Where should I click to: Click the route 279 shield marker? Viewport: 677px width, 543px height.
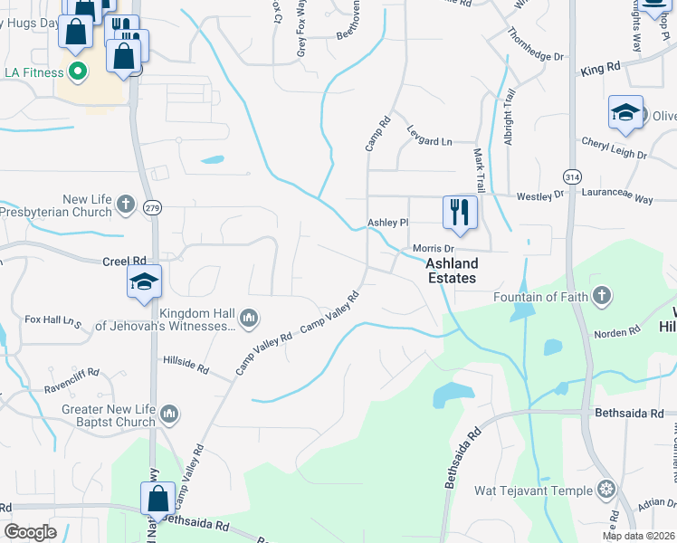(x=150, y=208)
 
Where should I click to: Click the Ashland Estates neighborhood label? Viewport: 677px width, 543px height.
(x=451, y=271)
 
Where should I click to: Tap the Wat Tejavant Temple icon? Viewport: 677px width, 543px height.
(x=605, y=491)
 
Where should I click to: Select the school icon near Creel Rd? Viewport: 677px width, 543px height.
(x=144, y=282)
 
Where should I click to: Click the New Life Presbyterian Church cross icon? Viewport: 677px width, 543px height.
(x=126, y=205)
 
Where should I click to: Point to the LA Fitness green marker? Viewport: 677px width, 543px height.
(x=77, y=71)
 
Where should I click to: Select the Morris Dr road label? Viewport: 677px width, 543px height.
(x=432, y=248)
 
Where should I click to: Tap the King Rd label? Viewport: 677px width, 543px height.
(x=601, y=69)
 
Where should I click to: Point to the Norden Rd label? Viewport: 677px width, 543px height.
(x=616, y=334)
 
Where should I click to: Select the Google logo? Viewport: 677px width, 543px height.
(x=30, y=532)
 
